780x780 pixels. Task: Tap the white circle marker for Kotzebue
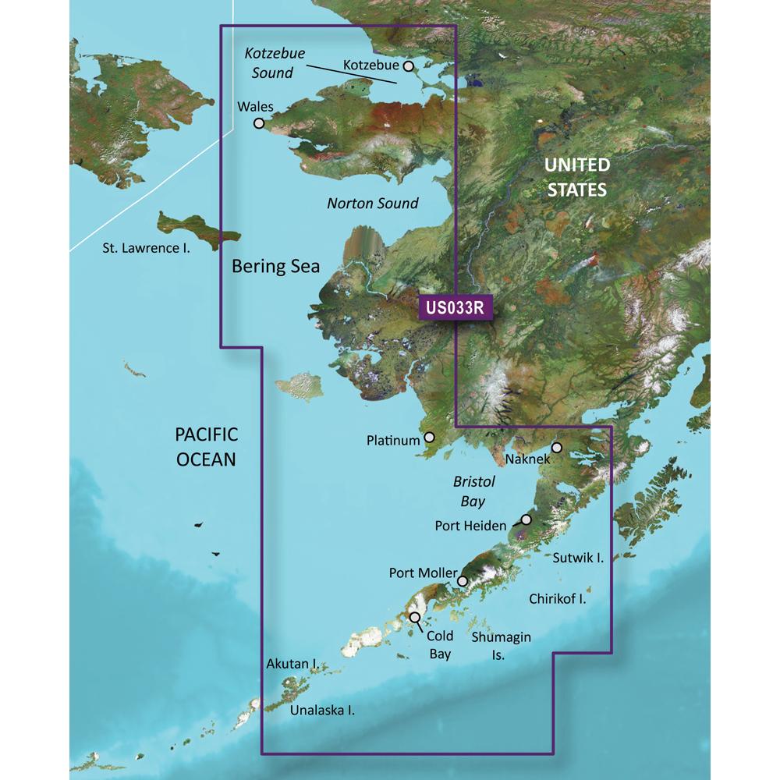408,67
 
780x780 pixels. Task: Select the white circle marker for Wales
259,123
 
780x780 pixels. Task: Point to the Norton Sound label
372,204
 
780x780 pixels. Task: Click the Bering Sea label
276,266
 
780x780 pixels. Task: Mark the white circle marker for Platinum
428,439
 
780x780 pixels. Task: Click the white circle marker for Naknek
557,448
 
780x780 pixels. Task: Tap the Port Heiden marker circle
526,519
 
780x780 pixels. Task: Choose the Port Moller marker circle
463,581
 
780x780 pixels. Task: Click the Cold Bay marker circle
415,618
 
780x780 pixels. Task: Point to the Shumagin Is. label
502,646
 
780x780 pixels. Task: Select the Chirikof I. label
557,600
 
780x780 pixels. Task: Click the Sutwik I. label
578,558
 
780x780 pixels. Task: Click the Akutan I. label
291,665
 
